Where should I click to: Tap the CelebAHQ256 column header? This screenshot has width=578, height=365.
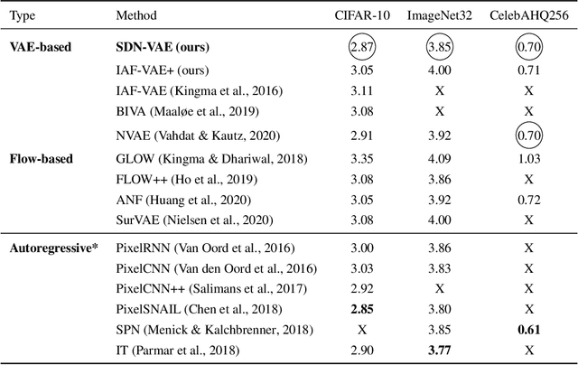tap(525, 15)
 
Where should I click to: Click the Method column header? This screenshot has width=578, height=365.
tap(136, 15)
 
